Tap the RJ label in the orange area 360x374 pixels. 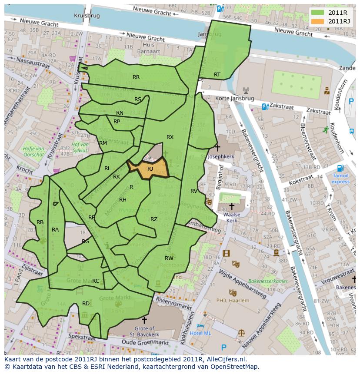[150, 169]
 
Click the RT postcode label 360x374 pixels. [217, 75]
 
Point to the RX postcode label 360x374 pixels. [170, 137]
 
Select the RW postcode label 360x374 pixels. [169, 258]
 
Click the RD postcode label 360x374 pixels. [86, 303]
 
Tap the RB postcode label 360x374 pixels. [40, 222]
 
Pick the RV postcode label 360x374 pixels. [194, 191]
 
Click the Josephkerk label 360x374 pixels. [221, 156]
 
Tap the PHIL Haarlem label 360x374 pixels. [233, 301]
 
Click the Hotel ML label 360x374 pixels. [200, 333]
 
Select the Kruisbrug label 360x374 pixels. [87, 15]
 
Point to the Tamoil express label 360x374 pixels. [340, 179]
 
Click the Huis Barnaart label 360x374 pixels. [149, 48]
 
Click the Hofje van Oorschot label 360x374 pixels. [33, 152]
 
